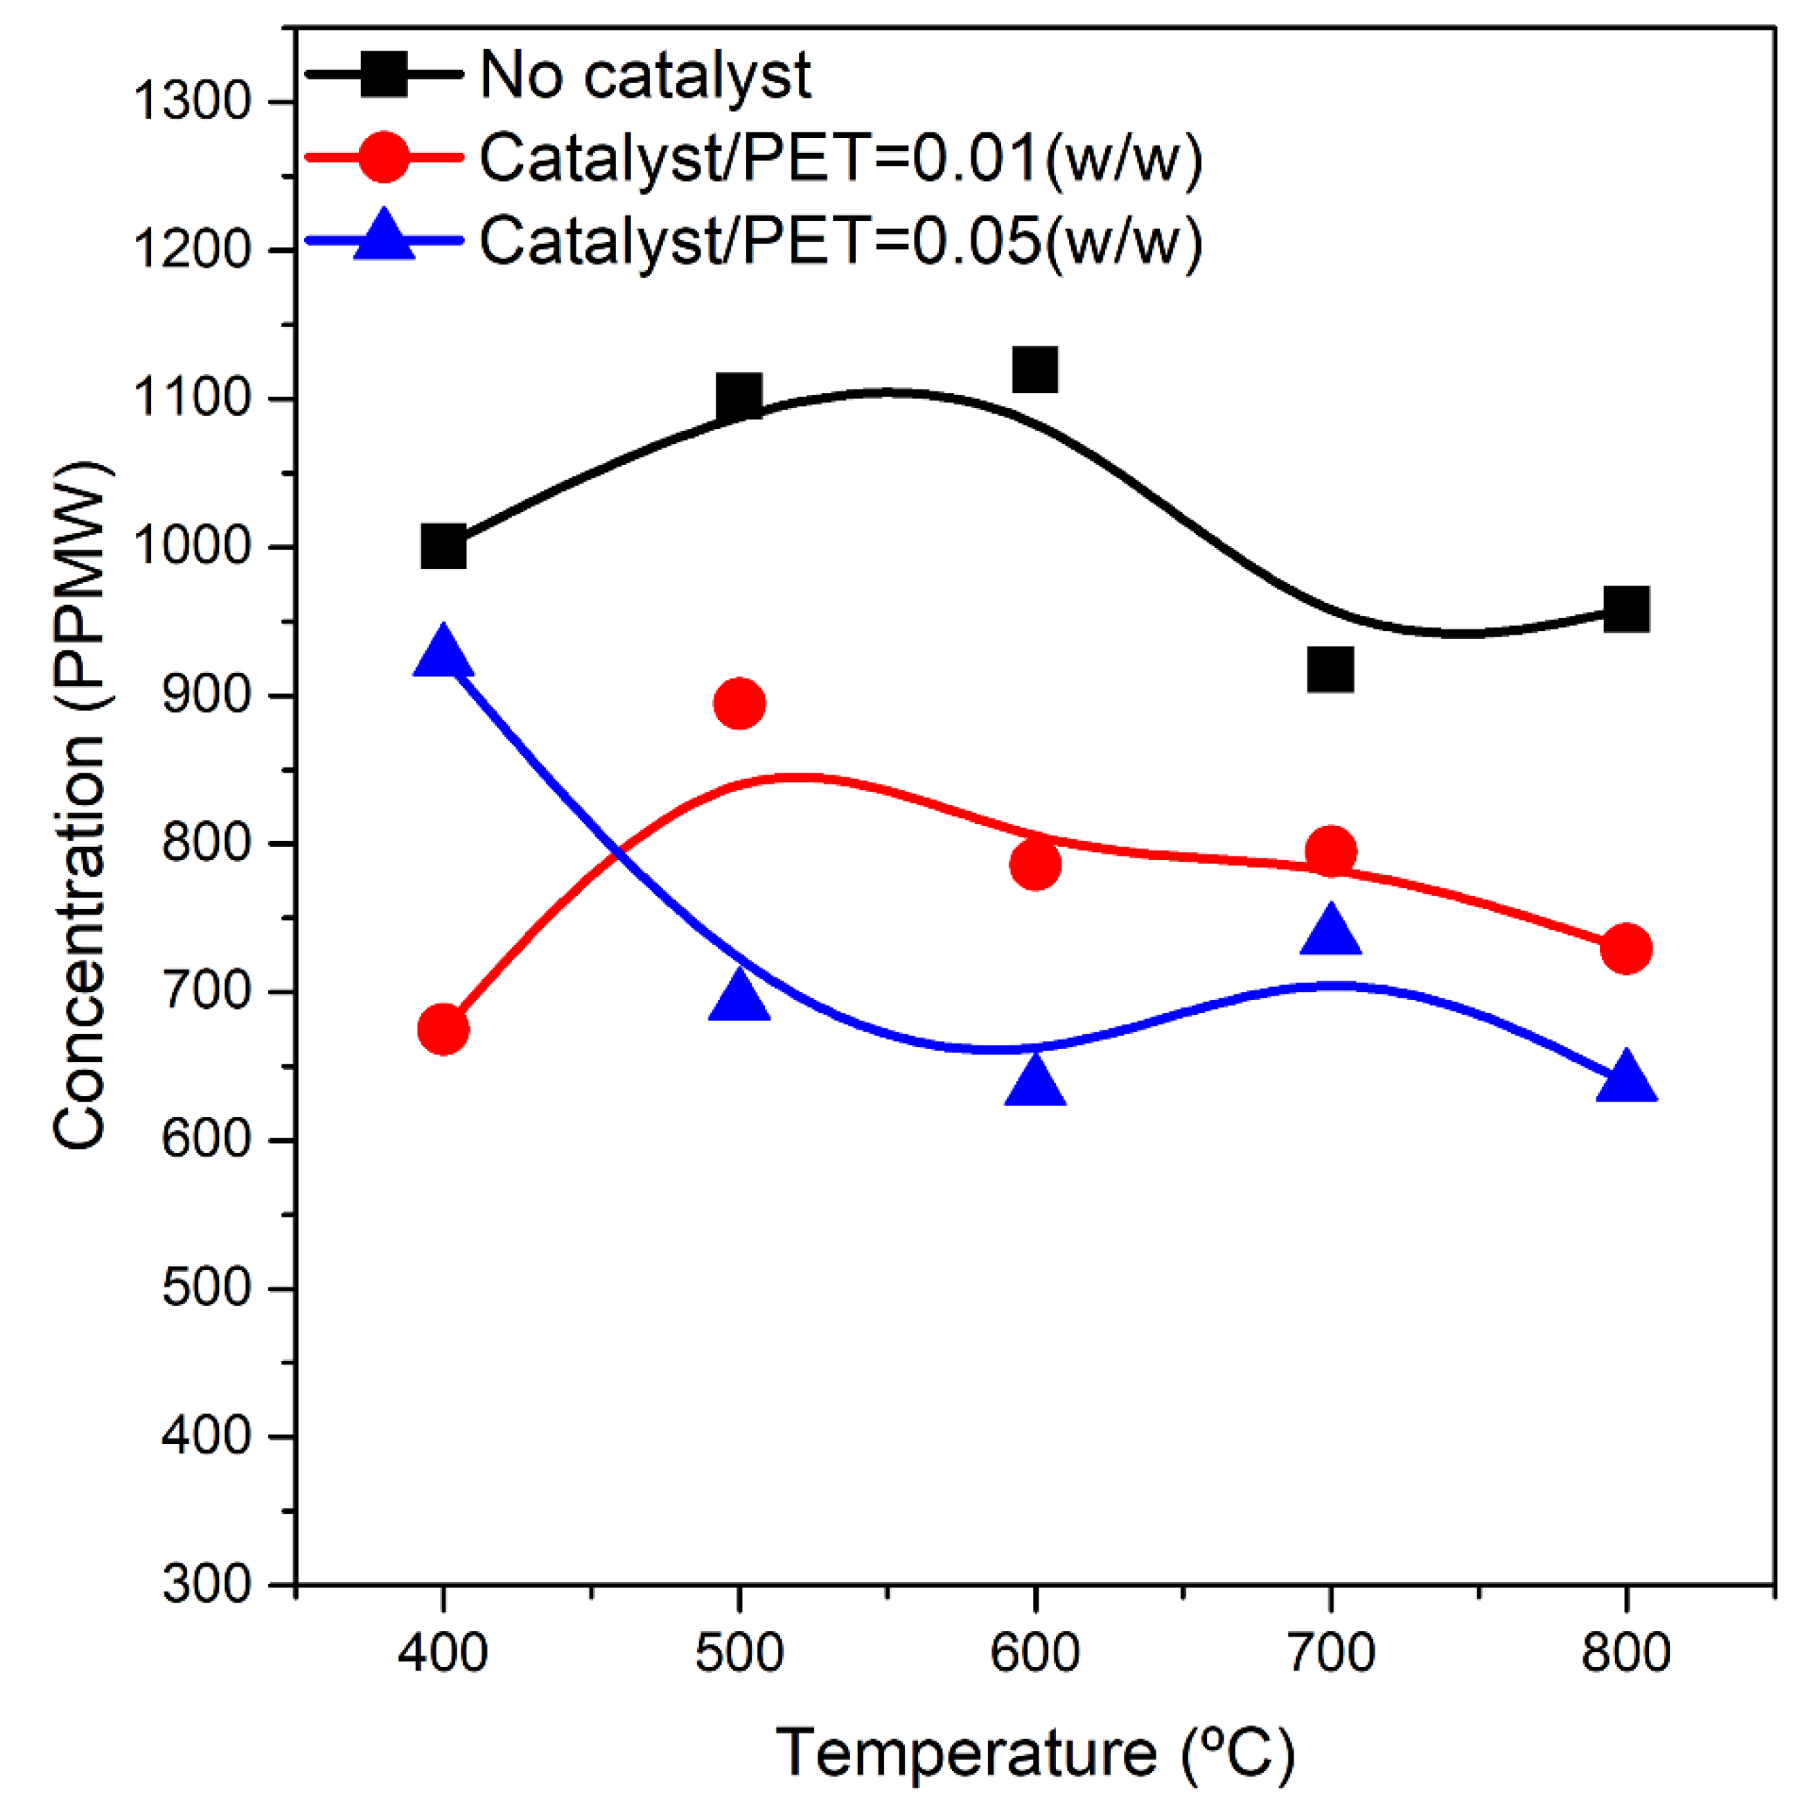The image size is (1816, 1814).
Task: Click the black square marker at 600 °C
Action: (x=1035, y=369)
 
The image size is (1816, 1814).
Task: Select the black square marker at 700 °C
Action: (x=1330, y=669)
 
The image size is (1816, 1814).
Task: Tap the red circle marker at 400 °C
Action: (x=443, y=1029)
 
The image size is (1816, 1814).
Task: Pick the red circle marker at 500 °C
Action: (x=739, y=703)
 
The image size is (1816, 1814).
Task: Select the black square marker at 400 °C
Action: (x=443, y=546)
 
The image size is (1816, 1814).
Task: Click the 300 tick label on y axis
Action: (x=208, y=1584)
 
